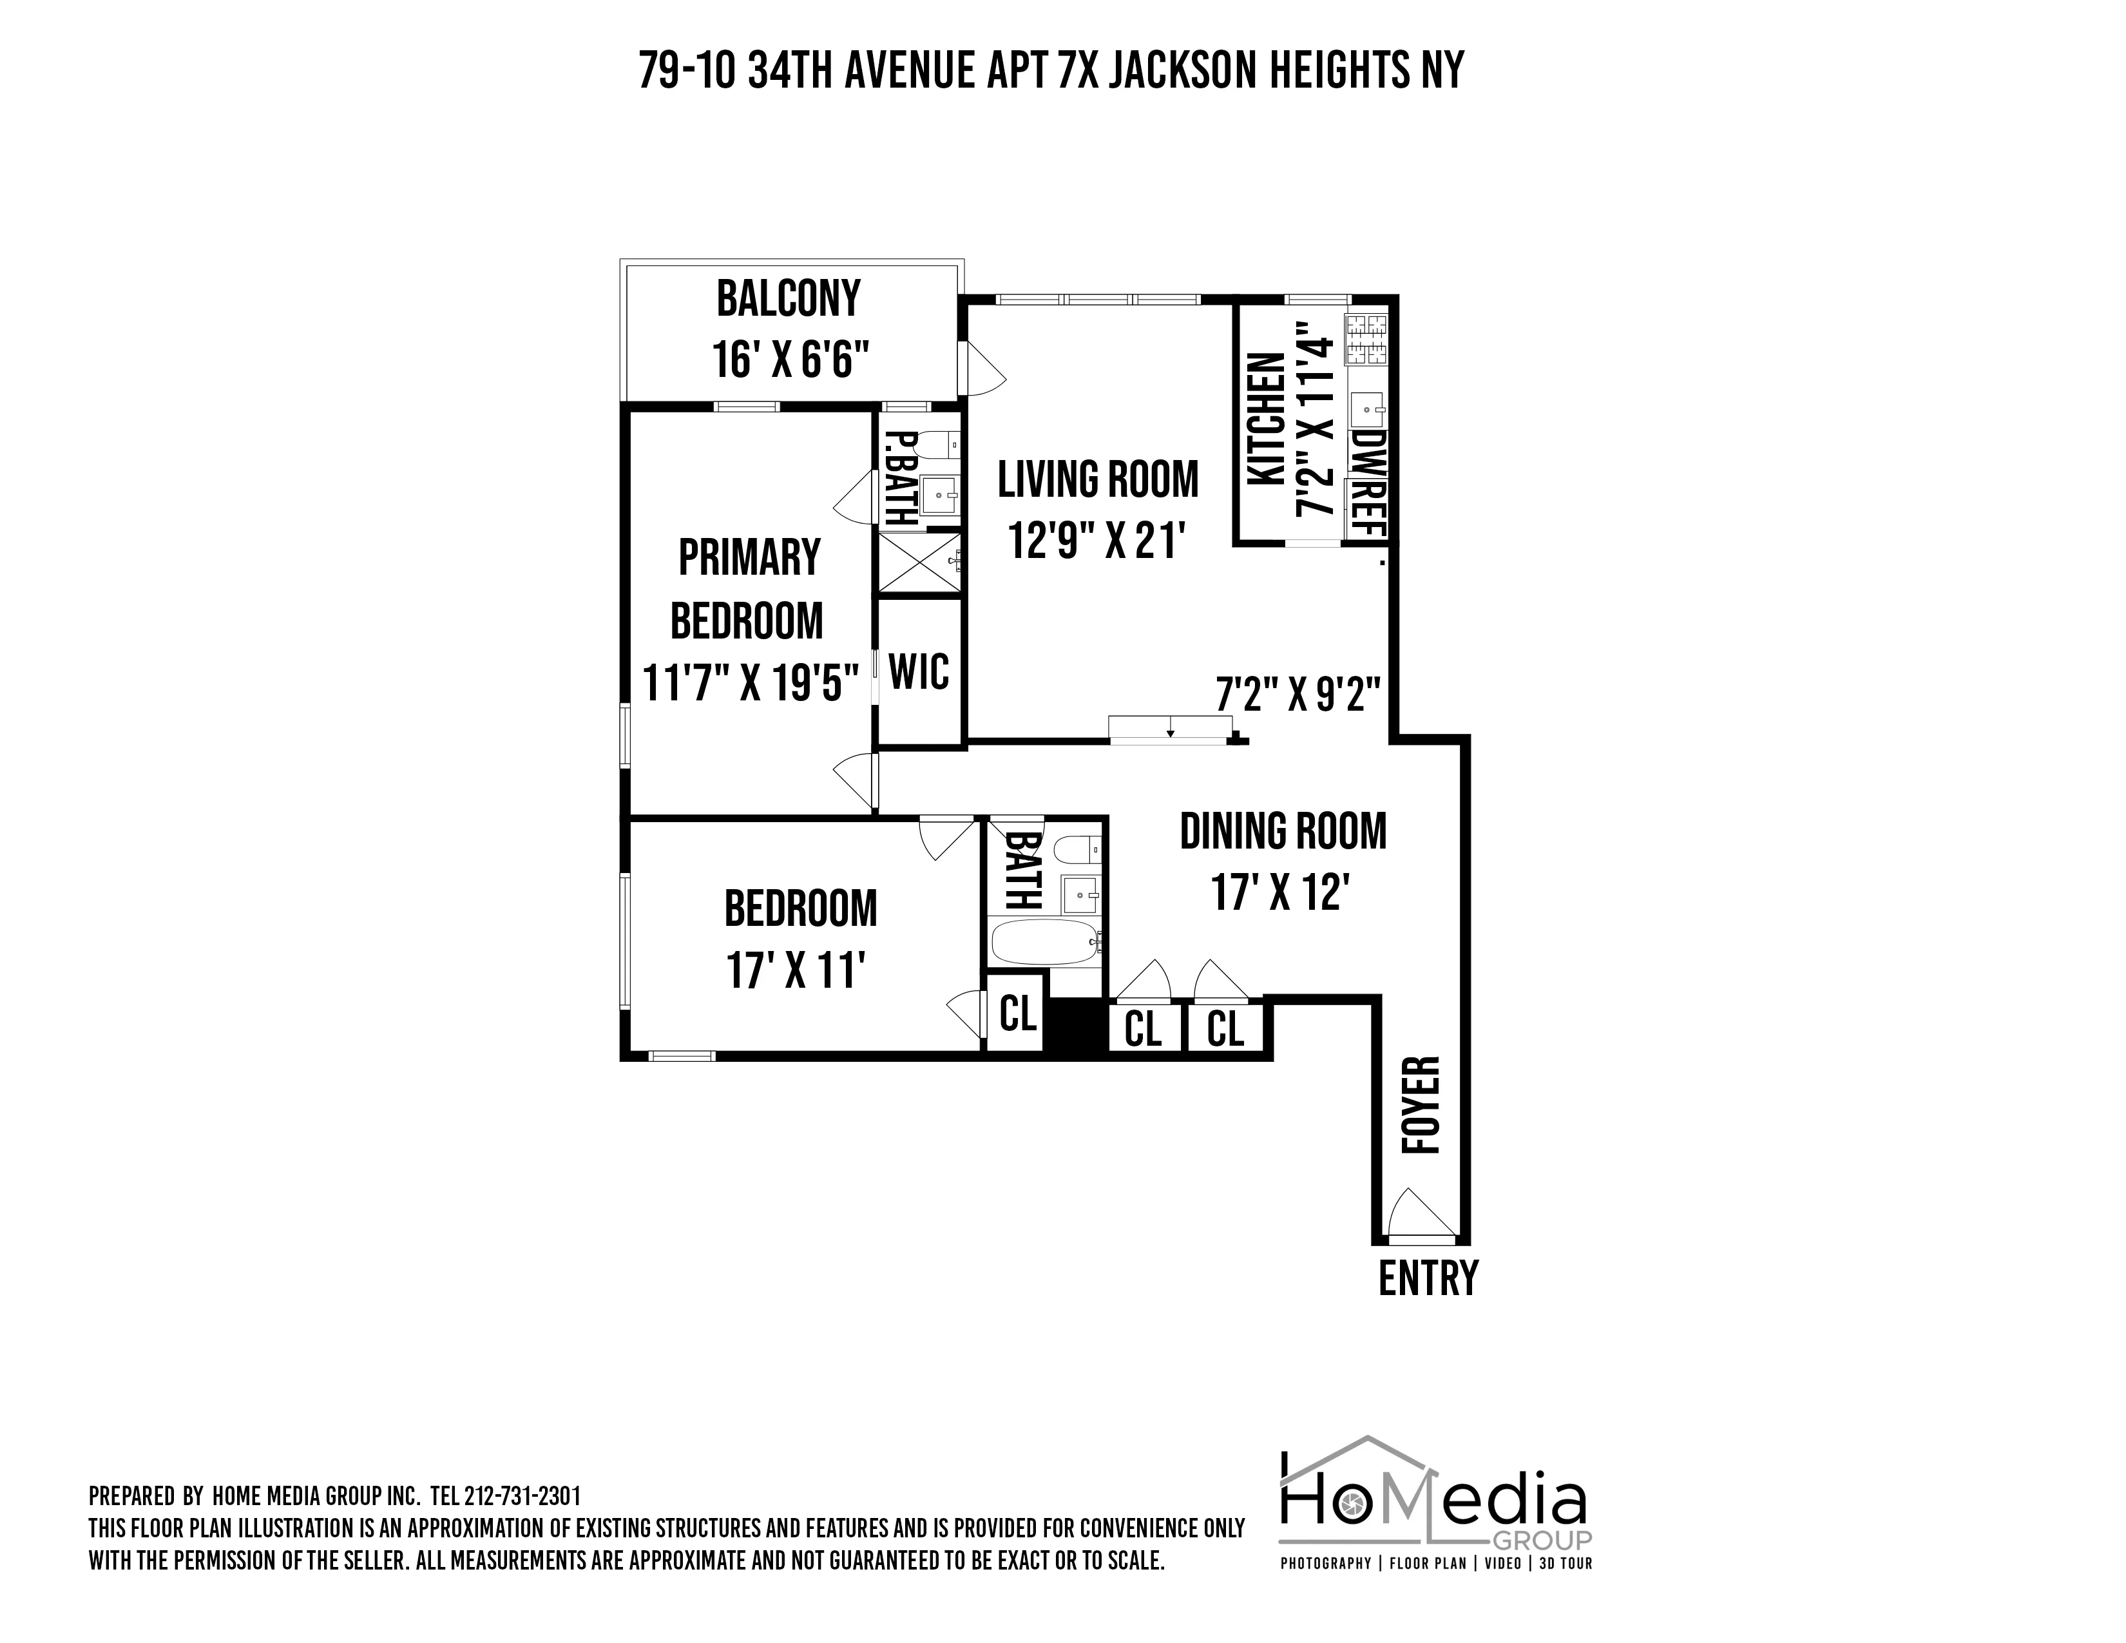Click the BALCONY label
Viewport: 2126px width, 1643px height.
click(x=789, y=299)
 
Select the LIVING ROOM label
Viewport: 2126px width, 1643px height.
click(x=1098, y=480)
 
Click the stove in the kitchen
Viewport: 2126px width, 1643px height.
click(x=1366, y=339)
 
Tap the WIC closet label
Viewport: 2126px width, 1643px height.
click(x=919, y=671)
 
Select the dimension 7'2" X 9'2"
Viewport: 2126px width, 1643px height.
click(x=1299, y=695)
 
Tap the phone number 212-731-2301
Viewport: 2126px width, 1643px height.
click(x=522, y=1495)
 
